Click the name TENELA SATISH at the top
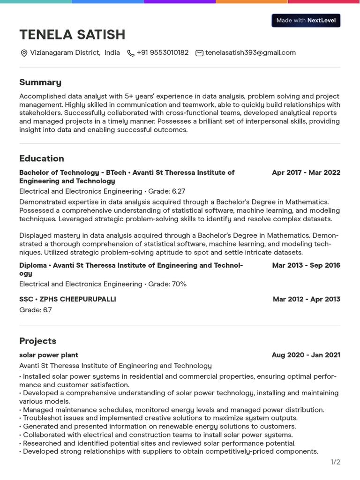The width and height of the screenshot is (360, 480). (x=72, y=35)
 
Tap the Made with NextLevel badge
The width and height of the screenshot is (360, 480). (x=306, y=21)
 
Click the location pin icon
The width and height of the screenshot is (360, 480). (x=24, y=53)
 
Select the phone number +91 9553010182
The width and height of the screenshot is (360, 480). (x=162, y=53)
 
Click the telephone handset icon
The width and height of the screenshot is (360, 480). (x=131, y=53)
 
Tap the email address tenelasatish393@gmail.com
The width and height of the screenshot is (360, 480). (x=250, y=53)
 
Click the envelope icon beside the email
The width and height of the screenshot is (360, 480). (x=199, y=53)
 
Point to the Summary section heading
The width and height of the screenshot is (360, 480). (x=40, y=82)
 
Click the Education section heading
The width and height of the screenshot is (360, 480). (x=42, y=158)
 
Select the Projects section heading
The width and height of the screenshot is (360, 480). (x=37, y=341)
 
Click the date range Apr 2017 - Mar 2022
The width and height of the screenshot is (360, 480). (x=306, y=172)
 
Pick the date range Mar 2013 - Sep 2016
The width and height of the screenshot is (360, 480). (x=306, y=265)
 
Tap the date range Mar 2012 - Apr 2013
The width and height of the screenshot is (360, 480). (x=306, y=299)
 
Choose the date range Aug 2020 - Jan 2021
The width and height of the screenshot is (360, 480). (x=306, y=355)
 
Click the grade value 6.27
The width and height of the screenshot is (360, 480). (x=179, y=191)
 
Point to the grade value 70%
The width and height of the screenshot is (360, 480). (x=179, y=284)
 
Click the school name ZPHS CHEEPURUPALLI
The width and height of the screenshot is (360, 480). (x=78, y=299)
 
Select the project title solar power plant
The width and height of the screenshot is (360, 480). (x=49, y=355)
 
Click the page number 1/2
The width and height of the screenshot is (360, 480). (x=336, y=462)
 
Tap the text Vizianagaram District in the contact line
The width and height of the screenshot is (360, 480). (x=65, y=53)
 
